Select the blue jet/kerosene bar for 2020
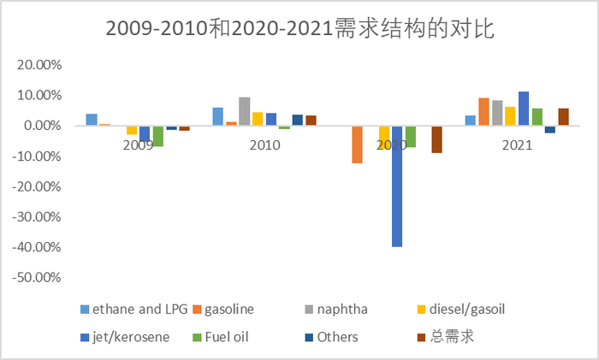[397, 186]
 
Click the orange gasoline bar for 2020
[357, 145]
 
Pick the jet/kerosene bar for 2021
[524, 109]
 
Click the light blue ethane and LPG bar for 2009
[92, 120]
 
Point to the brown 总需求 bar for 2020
[436, 139]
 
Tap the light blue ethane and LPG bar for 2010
[218, 116]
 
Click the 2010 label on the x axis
[264, 145]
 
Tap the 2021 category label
[517, 145]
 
